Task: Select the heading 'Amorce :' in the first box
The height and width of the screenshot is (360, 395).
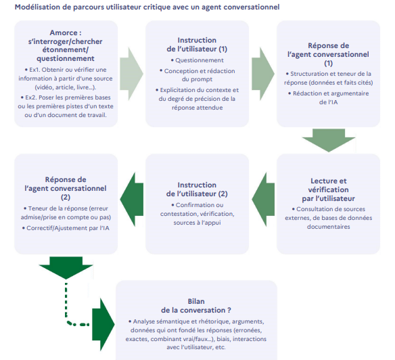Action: click(x=66, y=32)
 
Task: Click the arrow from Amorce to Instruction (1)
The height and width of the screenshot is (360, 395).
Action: click(x=131, y=74)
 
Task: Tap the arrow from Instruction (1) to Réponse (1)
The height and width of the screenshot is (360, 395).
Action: click(x=263, y=74)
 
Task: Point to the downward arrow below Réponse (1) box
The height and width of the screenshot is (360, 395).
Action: click(x=329, y=140)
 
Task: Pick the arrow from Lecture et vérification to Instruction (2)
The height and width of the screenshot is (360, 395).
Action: click(x=263, y=200)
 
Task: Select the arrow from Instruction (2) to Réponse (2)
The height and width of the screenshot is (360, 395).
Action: click(x=131, y=200)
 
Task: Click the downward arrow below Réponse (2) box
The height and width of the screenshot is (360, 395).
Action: click(x=66, y=268)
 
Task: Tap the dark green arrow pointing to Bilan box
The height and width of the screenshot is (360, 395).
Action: click(x=103, y=324)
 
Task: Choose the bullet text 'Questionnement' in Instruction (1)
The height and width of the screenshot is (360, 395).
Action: click(x=200, y=60)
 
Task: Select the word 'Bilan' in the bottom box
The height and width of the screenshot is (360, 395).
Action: click(x=196, y=301)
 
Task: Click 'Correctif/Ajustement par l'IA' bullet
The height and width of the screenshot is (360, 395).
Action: click(x=68, y=228)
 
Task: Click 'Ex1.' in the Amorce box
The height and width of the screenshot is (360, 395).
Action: click(x=34, y=70)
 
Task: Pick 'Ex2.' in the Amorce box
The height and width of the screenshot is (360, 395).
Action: click(x=31, y=97)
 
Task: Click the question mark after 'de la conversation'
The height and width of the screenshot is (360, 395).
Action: click(x=229, y=310)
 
